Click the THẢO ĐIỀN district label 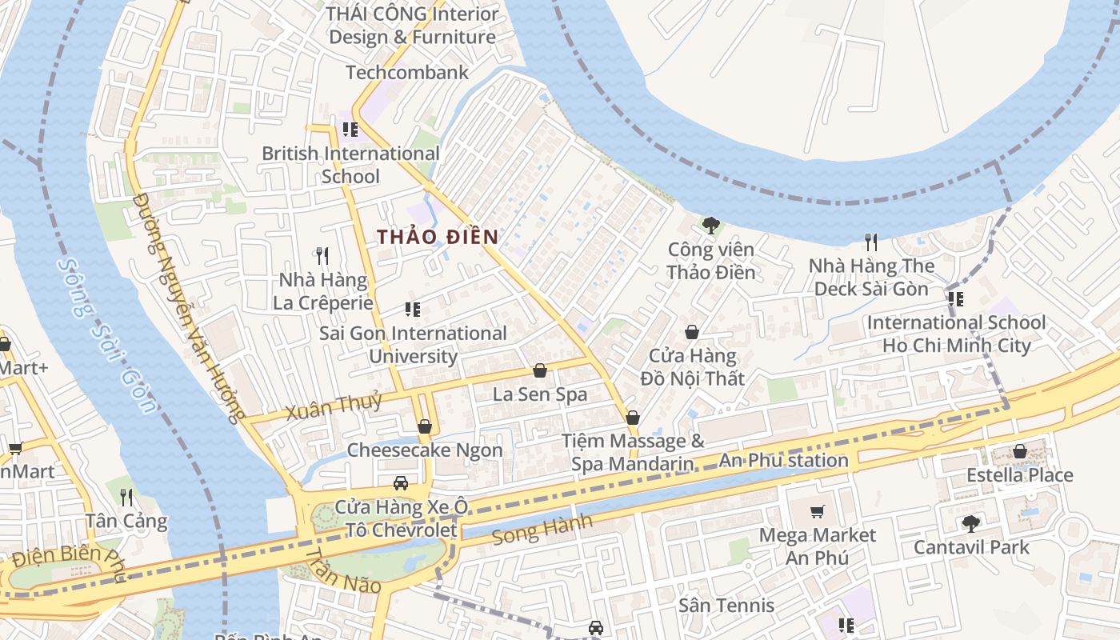click(438, 237)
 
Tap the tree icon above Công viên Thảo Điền click(710, 226)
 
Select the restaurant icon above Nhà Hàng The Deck click(871, 242)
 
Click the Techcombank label click(407, 73)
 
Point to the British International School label click(350, 165)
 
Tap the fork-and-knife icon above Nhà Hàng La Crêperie click(322, 256)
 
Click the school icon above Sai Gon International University click(413, 310)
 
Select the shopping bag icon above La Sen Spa click(540, 370)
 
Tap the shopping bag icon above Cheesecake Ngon click(425, 426)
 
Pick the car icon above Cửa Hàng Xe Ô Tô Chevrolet click(401, 482)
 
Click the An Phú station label click(783, 460)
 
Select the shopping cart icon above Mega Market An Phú click(817, 511)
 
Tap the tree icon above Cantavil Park click(970, 524)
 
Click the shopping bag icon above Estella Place click(1019, 451)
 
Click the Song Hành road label click(542, 530)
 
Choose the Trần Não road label click(343, 571)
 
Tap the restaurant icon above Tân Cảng click(126, 497)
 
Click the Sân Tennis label click(726, 606)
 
